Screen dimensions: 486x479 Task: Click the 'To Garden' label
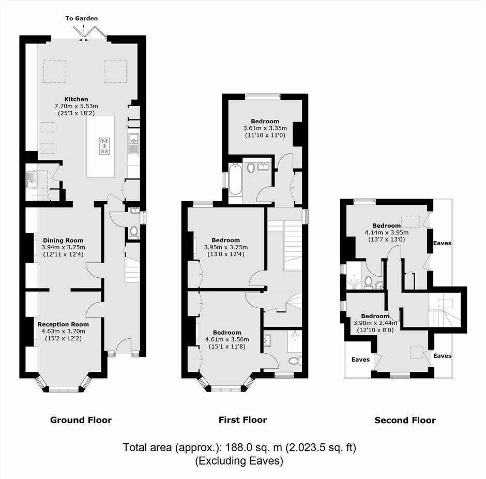(82, 18)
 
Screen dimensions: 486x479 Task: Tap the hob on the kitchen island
(105, 146)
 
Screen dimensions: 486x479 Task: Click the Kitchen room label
(76, 99)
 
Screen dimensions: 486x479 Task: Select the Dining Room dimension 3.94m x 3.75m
(63, 247)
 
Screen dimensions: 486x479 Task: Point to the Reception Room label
(63, 324)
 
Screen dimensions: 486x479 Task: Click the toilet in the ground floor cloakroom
(134, 232)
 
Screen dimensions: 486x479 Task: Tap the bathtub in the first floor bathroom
(235, 179)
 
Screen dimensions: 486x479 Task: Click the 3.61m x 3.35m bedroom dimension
(265, 128)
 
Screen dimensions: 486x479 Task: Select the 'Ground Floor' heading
(81, 420)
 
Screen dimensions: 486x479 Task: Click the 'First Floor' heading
(242, 420)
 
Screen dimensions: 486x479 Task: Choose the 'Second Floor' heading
(405, 420)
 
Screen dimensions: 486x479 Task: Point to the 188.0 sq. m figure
(254, 447)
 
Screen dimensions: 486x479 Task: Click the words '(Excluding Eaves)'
(239, 461)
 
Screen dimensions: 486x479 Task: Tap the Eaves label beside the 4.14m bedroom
(442, 243)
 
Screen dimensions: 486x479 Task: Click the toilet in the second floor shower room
(368, 282)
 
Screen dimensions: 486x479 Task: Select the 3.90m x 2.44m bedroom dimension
(375, 323)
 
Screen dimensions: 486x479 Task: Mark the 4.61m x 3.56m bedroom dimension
(227, 339)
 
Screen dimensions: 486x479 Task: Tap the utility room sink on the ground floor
(32, 181)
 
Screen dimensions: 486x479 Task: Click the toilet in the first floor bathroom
(251, 168)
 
